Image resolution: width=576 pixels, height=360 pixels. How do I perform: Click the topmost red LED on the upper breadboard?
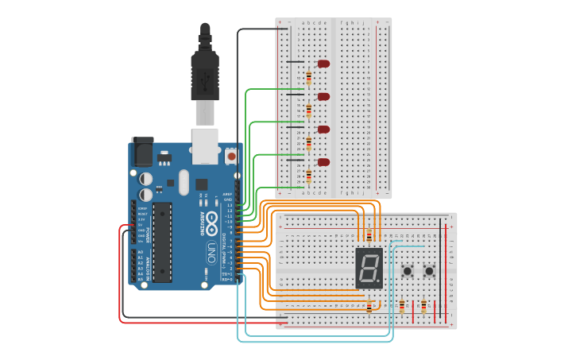pyautogui.click(x=323, y=64)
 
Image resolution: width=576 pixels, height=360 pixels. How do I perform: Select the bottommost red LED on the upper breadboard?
pyautogui.click(x=323, y=162)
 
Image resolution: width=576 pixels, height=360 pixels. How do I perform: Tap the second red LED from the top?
pyautogui.click(x=323, y=97)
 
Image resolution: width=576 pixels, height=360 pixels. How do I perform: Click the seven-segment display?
pyautogui.click(x=369, y=268)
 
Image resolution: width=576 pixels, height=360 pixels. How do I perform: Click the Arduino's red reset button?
pyautogui.click(x=231, y=157)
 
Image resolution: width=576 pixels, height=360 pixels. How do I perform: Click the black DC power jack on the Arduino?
pyautogui.click(x=142, y=151)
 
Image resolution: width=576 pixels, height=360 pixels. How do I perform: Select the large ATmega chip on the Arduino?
pyautogui.click(x=162, y=242)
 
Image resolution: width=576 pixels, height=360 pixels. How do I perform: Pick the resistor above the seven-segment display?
pyautogui.click(x=369, y=235)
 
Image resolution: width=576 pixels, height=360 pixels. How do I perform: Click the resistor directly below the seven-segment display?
pyautogui.click(x=369, y=307)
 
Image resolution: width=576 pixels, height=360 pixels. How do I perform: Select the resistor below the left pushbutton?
pyautogui.click(x=402, y=306)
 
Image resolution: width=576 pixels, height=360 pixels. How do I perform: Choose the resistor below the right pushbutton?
pyautogui.click(x=423, y=306)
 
